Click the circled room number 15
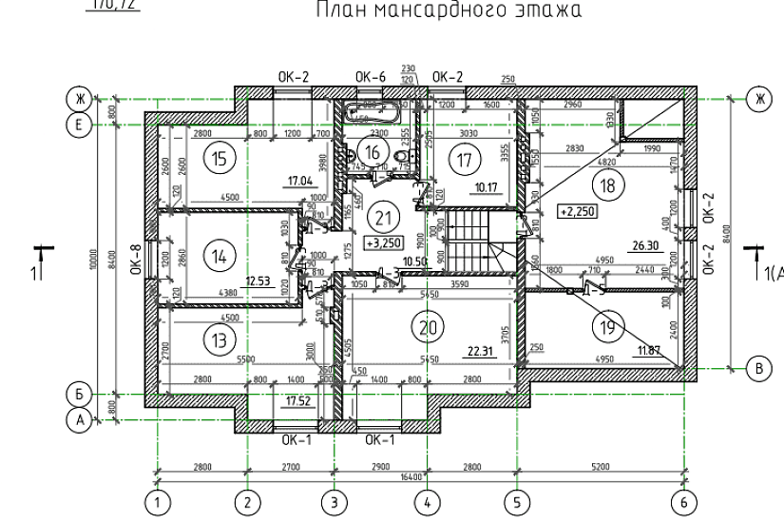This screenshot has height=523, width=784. (220, 158)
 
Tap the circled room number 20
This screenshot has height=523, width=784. (427, 326)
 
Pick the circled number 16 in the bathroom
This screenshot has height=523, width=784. (373, 152)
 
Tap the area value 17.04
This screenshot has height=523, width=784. (300, 180)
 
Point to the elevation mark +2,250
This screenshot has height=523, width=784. (577, 211)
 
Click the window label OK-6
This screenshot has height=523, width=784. (370, 76)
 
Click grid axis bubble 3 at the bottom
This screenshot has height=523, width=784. (334, 500)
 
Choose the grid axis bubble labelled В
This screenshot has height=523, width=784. (758, 367)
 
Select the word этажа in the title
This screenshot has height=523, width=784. (545, 10)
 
